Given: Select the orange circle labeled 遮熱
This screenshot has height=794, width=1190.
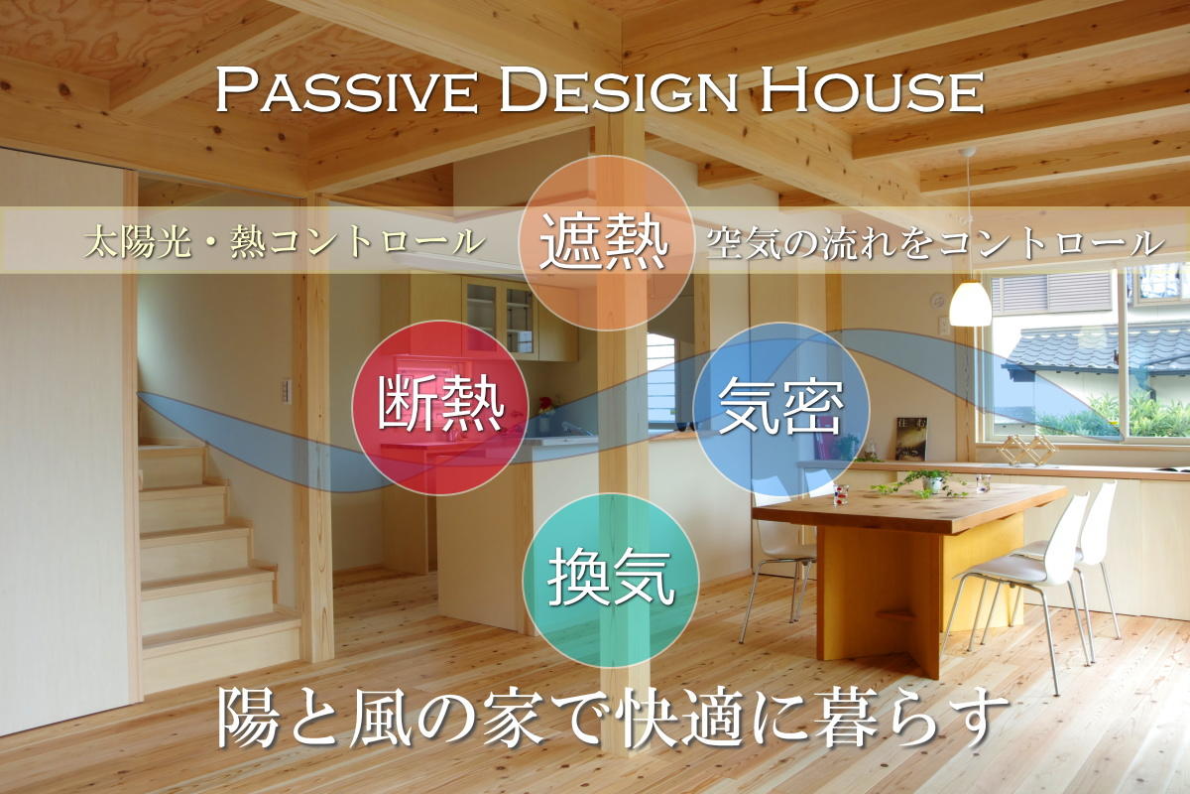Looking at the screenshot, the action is (606, 243).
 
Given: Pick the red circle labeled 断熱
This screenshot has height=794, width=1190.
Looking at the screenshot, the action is (440, 407).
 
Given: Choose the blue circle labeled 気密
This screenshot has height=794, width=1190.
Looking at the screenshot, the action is (781, 410).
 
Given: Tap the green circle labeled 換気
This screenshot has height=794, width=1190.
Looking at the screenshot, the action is (611, 581).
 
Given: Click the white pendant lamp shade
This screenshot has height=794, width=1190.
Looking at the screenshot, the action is (970, 304).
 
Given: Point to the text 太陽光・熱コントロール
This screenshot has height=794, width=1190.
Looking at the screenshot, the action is (285, 242).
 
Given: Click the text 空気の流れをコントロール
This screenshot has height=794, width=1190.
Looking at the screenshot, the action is (935, 243).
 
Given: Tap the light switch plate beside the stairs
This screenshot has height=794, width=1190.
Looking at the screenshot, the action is (287, 391).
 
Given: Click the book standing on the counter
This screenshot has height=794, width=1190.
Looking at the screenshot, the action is (910, 439).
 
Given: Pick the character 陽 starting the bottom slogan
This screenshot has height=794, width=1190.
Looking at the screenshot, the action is (248, 718).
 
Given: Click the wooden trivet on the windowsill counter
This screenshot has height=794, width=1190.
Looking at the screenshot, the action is (1026, 450).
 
